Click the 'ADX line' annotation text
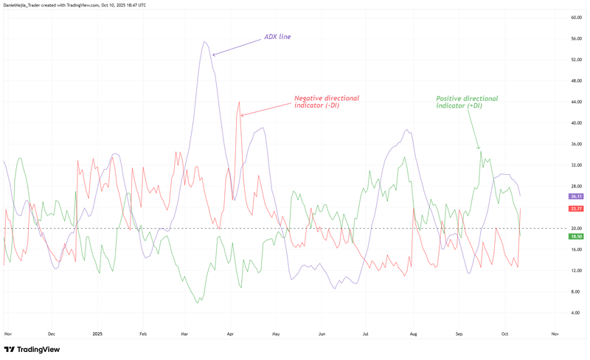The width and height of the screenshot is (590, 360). click(277, 36)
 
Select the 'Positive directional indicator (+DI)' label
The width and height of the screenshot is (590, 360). click(467, 102)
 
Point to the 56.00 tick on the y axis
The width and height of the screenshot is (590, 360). click(577, 38)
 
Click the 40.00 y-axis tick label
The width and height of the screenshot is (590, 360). click(577, 123)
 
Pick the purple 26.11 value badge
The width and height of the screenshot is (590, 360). click(577, 197)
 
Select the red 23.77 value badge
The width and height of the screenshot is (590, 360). click(577, 209)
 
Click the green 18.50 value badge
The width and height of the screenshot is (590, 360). click(577, 237)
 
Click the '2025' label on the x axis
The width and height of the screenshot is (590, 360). click(97, 333)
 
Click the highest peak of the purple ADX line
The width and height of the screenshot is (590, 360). click(204, 42)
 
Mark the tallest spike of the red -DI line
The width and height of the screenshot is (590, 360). click(240, 103)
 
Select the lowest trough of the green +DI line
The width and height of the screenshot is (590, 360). click(198, 302)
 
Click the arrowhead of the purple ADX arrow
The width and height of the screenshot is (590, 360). click(213, 55)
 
